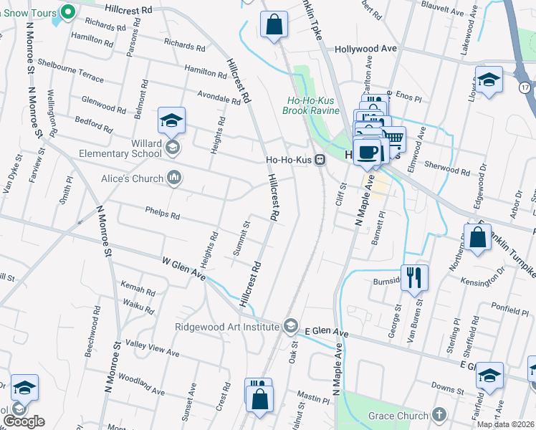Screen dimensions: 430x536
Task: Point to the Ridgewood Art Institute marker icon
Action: tap(290, 326)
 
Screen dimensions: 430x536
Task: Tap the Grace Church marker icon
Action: tap(439, 416)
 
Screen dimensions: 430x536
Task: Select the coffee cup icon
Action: tap(368, 152)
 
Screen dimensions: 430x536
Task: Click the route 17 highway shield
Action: tap(526, 87)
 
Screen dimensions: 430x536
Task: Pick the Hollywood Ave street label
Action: tap(366, 49)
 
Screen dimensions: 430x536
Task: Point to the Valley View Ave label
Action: tap(153, 350)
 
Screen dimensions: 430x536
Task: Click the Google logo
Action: tap(24, 421)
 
